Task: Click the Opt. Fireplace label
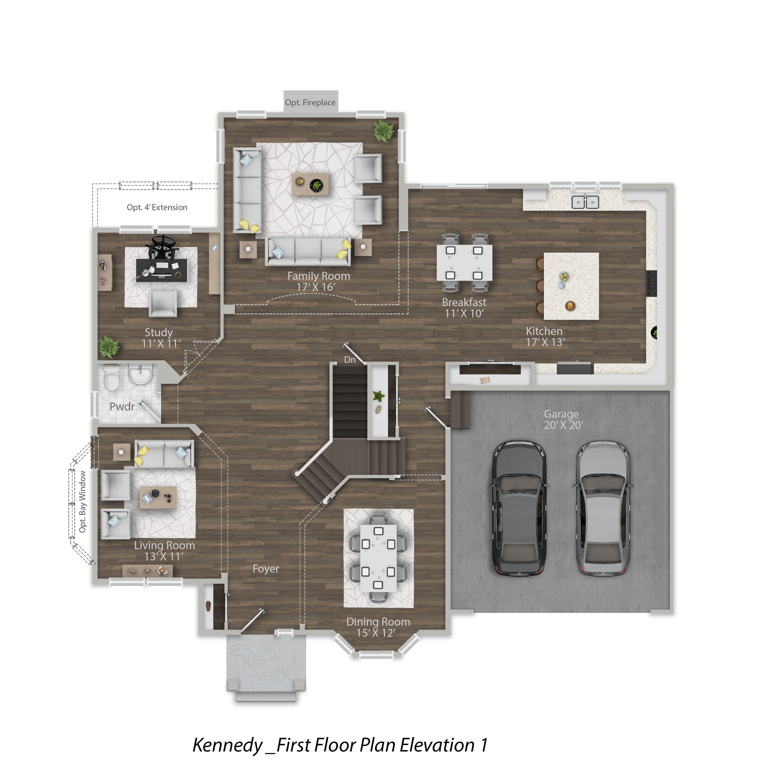(310, 102)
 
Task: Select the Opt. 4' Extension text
(157, 207)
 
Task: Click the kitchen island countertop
(571, 286)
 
